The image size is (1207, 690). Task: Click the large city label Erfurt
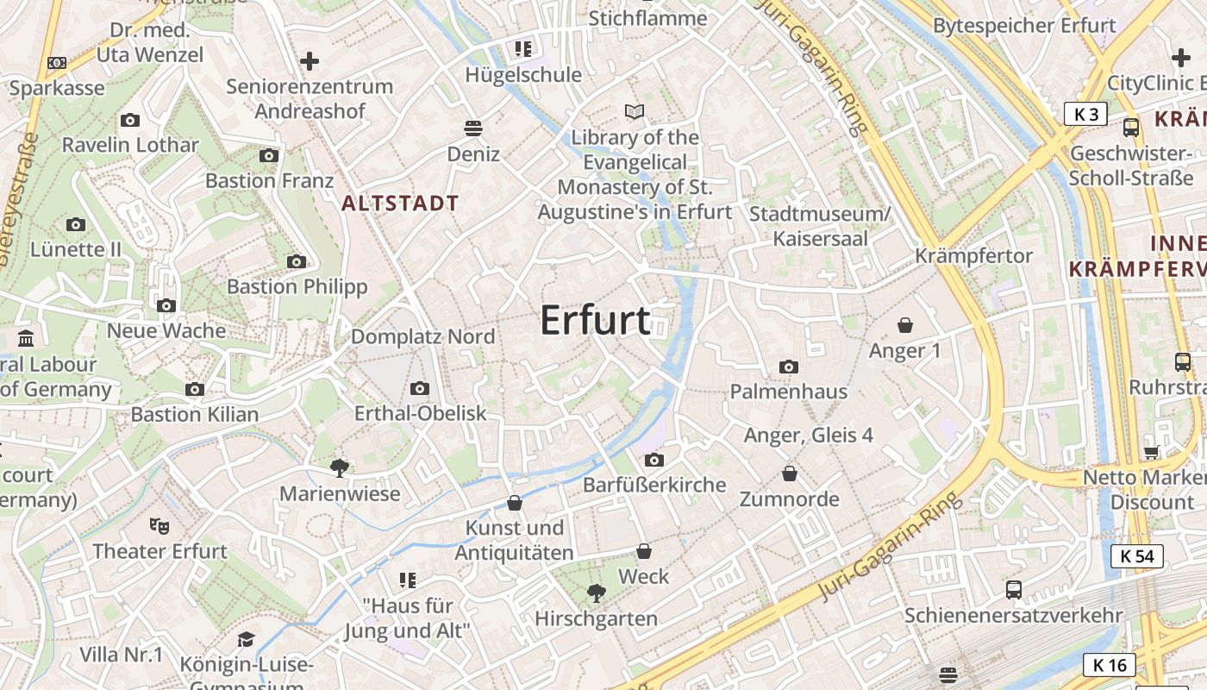[x=595, y=321]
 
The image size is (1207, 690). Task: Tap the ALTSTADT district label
[x=400, y=204]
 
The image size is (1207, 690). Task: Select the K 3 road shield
[x=1085, y=114]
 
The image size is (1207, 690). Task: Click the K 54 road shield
[x=1136, y=556]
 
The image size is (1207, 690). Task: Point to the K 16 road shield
[x=1110, y=664]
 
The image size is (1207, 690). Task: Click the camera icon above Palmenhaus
[x=788, y=367]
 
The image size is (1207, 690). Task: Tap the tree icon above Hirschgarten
[x=595, y=593]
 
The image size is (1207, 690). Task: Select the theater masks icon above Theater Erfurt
[x=159, y=524]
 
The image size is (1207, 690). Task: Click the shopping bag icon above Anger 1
[x=905, y=325]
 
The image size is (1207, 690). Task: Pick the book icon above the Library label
[x=635, y=111]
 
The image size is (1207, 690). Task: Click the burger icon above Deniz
[x=472, y=129]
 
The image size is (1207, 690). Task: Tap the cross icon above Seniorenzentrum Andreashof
[x=310, y=61]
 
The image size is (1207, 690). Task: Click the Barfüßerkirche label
[x=654, y=485]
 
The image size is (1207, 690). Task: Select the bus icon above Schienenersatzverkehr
[x=1014, y=590]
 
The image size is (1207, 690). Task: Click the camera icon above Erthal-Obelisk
[x=420, y=388]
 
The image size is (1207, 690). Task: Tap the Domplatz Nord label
[x=422, y=336]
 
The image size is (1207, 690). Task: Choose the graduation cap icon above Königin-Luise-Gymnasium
[x=247, y=639]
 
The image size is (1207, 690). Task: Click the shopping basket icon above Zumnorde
[x=789, y=474]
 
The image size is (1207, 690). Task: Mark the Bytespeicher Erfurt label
[x=1024, y=26]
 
